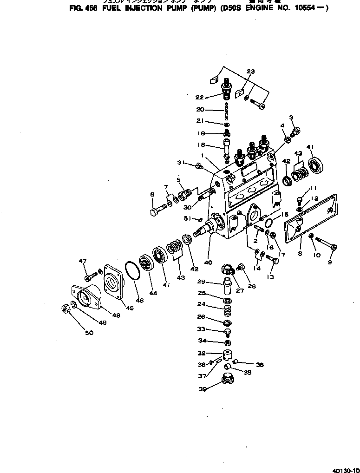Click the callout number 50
[89, 333]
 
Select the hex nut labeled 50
[65, 308]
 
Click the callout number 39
[203, 389]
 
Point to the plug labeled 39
[227, 381]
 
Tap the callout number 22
[200, 97]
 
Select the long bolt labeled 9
[325, 243]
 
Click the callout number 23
[250, 72]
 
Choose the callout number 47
[83, 262]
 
